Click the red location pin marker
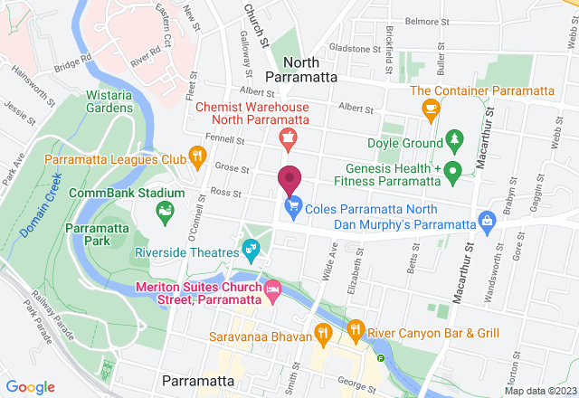(x=289, y=180)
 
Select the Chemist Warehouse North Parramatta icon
(x=287, y=137)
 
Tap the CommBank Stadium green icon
(x=165, y=213)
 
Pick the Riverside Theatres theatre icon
(x=250, y=246)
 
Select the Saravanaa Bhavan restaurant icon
(x=324, y=334)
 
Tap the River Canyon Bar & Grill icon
(x=356, y=331)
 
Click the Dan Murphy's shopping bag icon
(x=488, y=220)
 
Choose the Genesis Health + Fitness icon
(x=457, y=169)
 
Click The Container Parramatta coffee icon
(x=431, y=108)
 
